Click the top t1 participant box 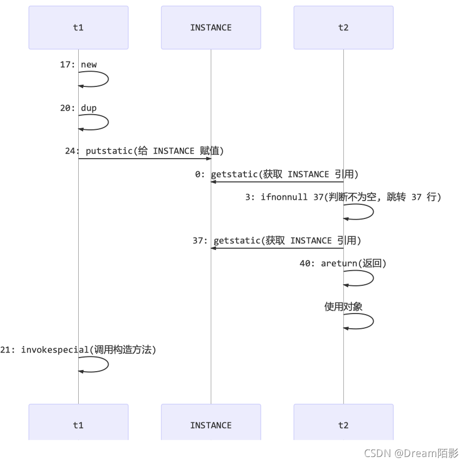click(x=79, y=27)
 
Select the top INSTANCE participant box click(x=211, y=27)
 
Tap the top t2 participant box click(x=343, y=27)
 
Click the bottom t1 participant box click(x=79, y=422)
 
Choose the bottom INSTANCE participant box click(x=211, y=422)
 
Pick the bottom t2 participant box click(x=343, y=422)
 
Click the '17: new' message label click(x=78, y=65)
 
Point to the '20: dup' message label click(x=78, y=108)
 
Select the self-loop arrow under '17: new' click(x=108, y=79)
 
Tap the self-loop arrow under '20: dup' click(x=108, y=122)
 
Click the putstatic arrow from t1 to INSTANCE click(x=145, y=159)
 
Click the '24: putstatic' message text click(x=144, y=151)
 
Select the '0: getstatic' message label click(x=277, y=174)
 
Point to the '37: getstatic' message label click(x=277, y=240)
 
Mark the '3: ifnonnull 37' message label click(x=343, y=197)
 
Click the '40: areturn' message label click(x=343, y=263)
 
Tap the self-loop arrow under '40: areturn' click(x=373, y=278)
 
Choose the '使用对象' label click(x=343, y=306)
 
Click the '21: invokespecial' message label click(x=78, y=350)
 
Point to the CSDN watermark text click(x=411, y=453)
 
